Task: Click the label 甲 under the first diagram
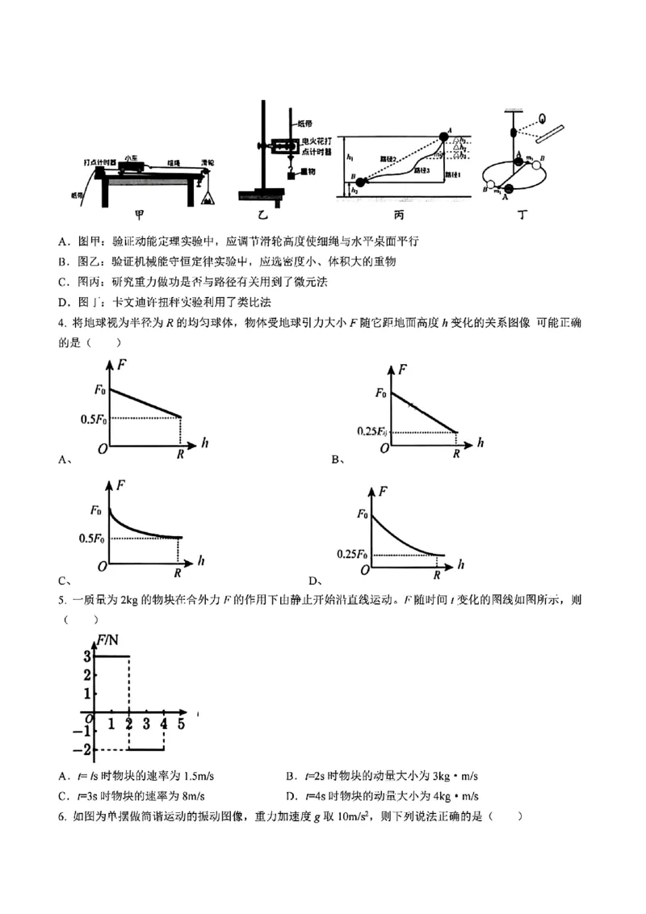pos(141,215)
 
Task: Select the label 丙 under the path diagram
pos(397,215)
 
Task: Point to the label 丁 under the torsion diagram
pos(517,215)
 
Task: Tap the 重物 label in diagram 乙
pos(307,172)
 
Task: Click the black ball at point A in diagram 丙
pos(443,136)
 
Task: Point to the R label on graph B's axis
pos(456,454)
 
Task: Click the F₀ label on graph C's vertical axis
pos(97,510)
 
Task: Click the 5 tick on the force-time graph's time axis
pos(181,724)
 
